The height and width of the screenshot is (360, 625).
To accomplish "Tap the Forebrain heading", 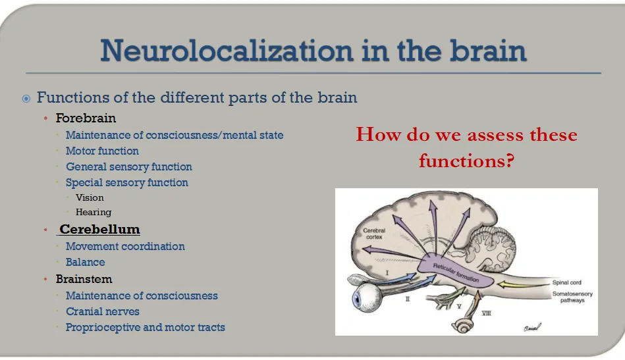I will point(86,118).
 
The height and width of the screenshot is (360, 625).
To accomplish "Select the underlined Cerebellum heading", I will point(99,230).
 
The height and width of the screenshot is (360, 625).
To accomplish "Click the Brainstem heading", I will point(84,279).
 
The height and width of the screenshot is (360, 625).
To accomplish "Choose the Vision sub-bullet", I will point(90,197).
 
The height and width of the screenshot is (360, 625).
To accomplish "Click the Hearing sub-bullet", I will point(94,212).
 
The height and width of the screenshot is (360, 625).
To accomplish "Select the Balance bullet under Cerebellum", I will point(85,262).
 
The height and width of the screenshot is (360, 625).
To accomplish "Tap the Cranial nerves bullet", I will point(102,311).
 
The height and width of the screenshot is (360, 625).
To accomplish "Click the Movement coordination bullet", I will point(125,246).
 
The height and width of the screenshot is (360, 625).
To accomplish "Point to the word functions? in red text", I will point(466,160).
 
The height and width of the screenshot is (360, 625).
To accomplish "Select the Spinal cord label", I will point(566,282).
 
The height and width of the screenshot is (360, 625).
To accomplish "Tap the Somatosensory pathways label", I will point(573,297).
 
